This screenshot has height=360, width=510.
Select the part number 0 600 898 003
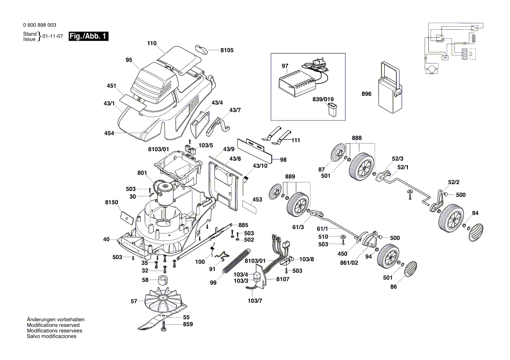(x=39, y=25)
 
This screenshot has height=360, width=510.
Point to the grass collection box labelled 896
(x=389, y=89)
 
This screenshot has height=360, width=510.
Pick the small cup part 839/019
(x=332, y=110)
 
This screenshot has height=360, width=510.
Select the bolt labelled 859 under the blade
(x=164, y=326)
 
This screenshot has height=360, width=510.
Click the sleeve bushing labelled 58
(x=164, y=280)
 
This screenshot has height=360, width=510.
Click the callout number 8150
(x=112, y=202)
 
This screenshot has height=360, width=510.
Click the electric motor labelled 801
(x=164, y=192)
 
